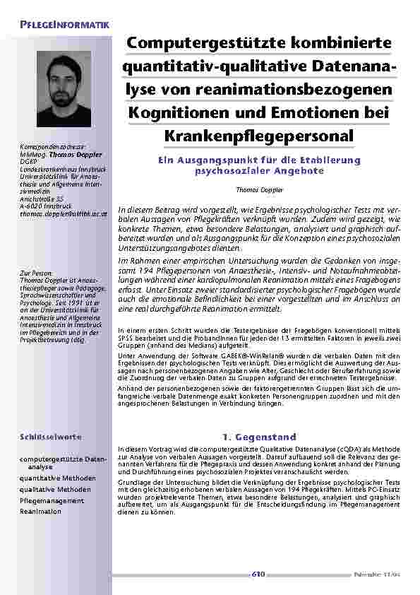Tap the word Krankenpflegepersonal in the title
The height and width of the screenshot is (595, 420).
click(259, 134)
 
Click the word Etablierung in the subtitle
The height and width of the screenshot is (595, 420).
click(331, 160)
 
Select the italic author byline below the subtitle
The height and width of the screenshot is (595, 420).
click(259, 190)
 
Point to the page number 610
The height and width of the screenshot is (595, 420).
click(258, 574)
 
